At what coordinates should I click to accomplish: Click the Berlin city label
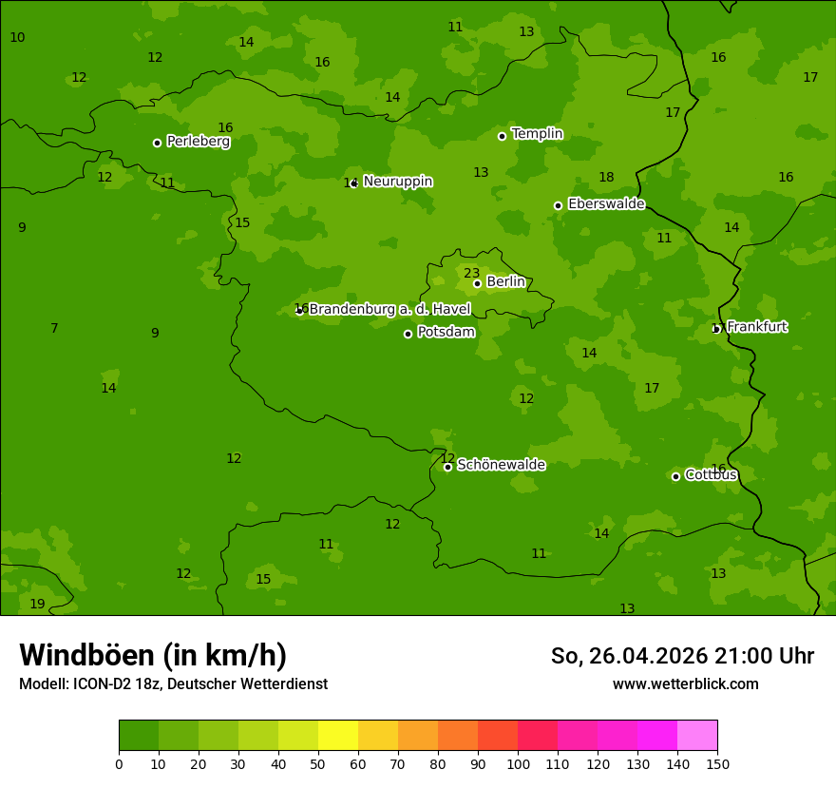coord(505,282)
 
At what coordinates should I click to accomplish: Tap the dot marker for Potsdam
coord(408,334)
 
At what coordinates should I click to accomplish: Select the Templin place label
coord(537,134)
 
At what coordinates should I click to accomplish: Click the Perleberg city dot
coord(157,143)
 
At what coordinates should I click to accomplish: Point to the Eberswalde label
coord(606,204)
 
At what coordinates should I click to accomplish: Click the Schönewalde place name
coord(501,465)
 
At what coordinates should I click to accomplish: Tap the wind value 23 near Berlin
coord(471,273)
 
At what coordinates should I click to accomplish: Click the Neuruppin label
coord(398,182)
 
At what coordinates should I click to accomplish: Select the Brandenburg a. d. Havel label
coord(389,309)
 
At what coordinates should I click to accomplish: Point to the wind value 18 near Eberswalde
coord(606,177)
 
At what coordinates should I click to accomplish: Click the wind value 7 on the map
coord(54,328)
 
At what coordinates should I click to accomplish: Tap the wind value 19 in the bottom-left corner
coord(37,604)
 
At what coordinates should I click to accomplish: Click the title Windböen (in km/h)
coord(153,655)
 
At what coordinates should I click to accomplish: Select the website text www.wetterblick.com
coord(685,683)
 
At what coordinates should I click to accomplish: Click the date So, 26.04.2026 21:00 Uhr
coord(682,656)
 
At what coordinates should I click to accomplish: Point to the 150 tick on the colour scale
coord(717,763)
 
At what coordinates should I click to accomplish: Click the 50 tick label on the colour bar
coord(318,763)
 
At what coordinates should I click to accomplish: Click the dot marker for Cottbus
coord(675,476)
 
